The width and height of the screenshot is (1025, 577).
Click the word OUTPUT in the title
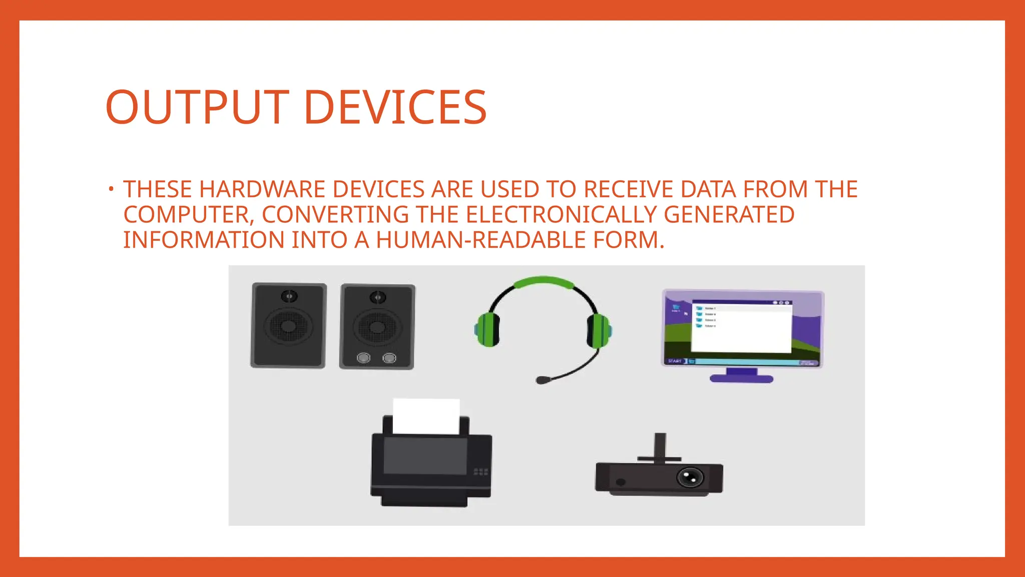[x=197, y=107]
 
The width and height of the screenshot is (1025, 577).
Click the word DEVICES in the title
[x=395, y=107]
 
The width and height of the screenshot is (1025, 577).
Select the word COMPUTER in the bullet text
[x=186, y=215]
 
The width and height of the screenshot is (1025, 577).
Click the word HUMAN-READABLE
[x=480, y=240]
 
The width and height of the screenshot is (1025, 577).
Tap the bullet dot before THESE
[x=111, y=189]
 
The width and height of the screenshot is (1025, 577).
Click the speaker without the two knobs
[x=288, y=326]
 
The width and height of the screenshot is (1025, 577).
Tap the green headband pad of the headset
[x=544, y=282]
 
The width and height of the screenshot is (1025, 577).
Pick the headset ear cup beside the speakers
[x=487, y=329]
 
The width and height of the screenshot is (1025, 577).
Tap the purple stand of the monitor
[x=741, y=376]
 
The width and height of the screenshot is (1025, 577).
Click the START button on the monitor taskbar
[x=675, y=361]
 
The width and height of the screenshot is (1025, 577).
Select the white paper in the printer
[x=426, y=415]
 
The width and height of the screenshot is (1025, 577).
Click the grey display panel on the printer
[x=425, y=455]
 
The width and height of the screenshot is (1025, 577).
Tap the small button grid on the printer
[x=480, y=472]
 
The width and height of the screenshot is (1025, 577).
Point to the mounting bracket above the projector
[x=660, y=448]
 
